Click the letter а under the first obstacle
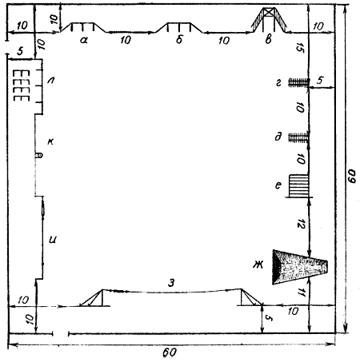(84, 40)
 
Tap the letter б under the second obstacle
(179, 39)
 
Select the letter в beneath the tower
(268, 40)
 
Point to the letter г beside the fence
(278, 84)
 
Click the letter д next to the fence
(278, 137)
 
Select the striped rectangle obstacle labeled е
(299, 185)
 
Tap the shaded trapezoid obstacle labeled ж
(300, 267)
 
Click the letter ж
(258, 265)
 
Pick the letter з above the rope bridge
(171, 283)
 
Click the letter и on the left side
(53, 240)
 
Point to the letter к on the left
(50, 141)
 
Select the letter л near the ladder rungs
(50, 80)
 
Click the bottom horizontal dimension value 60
(169, 352)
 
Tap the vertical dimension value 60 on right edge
(352, 176)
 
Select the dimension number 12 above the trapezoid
(301, 224)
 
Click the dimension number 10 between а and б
(126, 40)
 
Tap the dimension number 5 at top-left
(20, 51)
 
